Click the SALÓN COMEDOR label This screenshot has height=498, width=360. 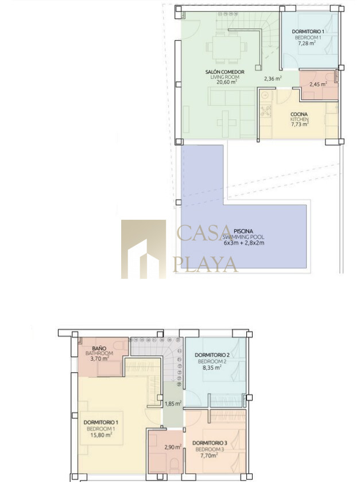coord(224,72)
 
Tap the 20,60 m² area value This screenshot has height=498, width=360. coord(227,82)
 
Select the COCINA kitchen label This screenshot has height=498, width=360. coord(299,114)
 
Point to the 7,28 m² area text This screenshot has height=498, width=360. coord(307,43)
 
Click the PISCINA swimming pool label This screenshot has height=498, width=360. coord(243,232)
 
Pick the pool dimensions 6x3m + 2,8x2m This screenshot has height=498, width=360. coord(244,243)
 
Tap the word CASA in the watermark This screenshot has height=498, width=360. coord(204,233)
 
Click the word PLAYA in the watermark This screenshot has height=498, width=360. coord(206,264)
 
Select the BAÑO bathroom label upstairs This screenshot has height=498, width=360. coord(99,348)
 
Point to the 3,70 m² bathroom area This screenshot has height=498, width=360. coord(100,359)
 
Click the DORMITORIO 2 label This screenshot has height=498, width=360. coord(212,355)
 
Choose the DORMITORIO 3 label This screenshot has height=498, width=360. coord(210,443)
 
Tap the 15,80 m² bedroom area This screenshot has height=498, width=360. coord(101,435)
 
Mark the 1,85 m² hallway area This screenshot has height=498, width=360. coord(173,404)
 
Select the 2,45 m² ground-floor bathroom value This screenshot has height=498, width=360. coord(319,84)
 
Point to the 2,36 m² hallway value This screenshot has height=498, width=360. coord(273,79)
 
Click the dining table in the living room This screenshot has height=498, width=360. coord(226,49)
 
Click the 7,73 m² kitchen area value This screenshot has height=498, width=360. coord(300,124)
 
